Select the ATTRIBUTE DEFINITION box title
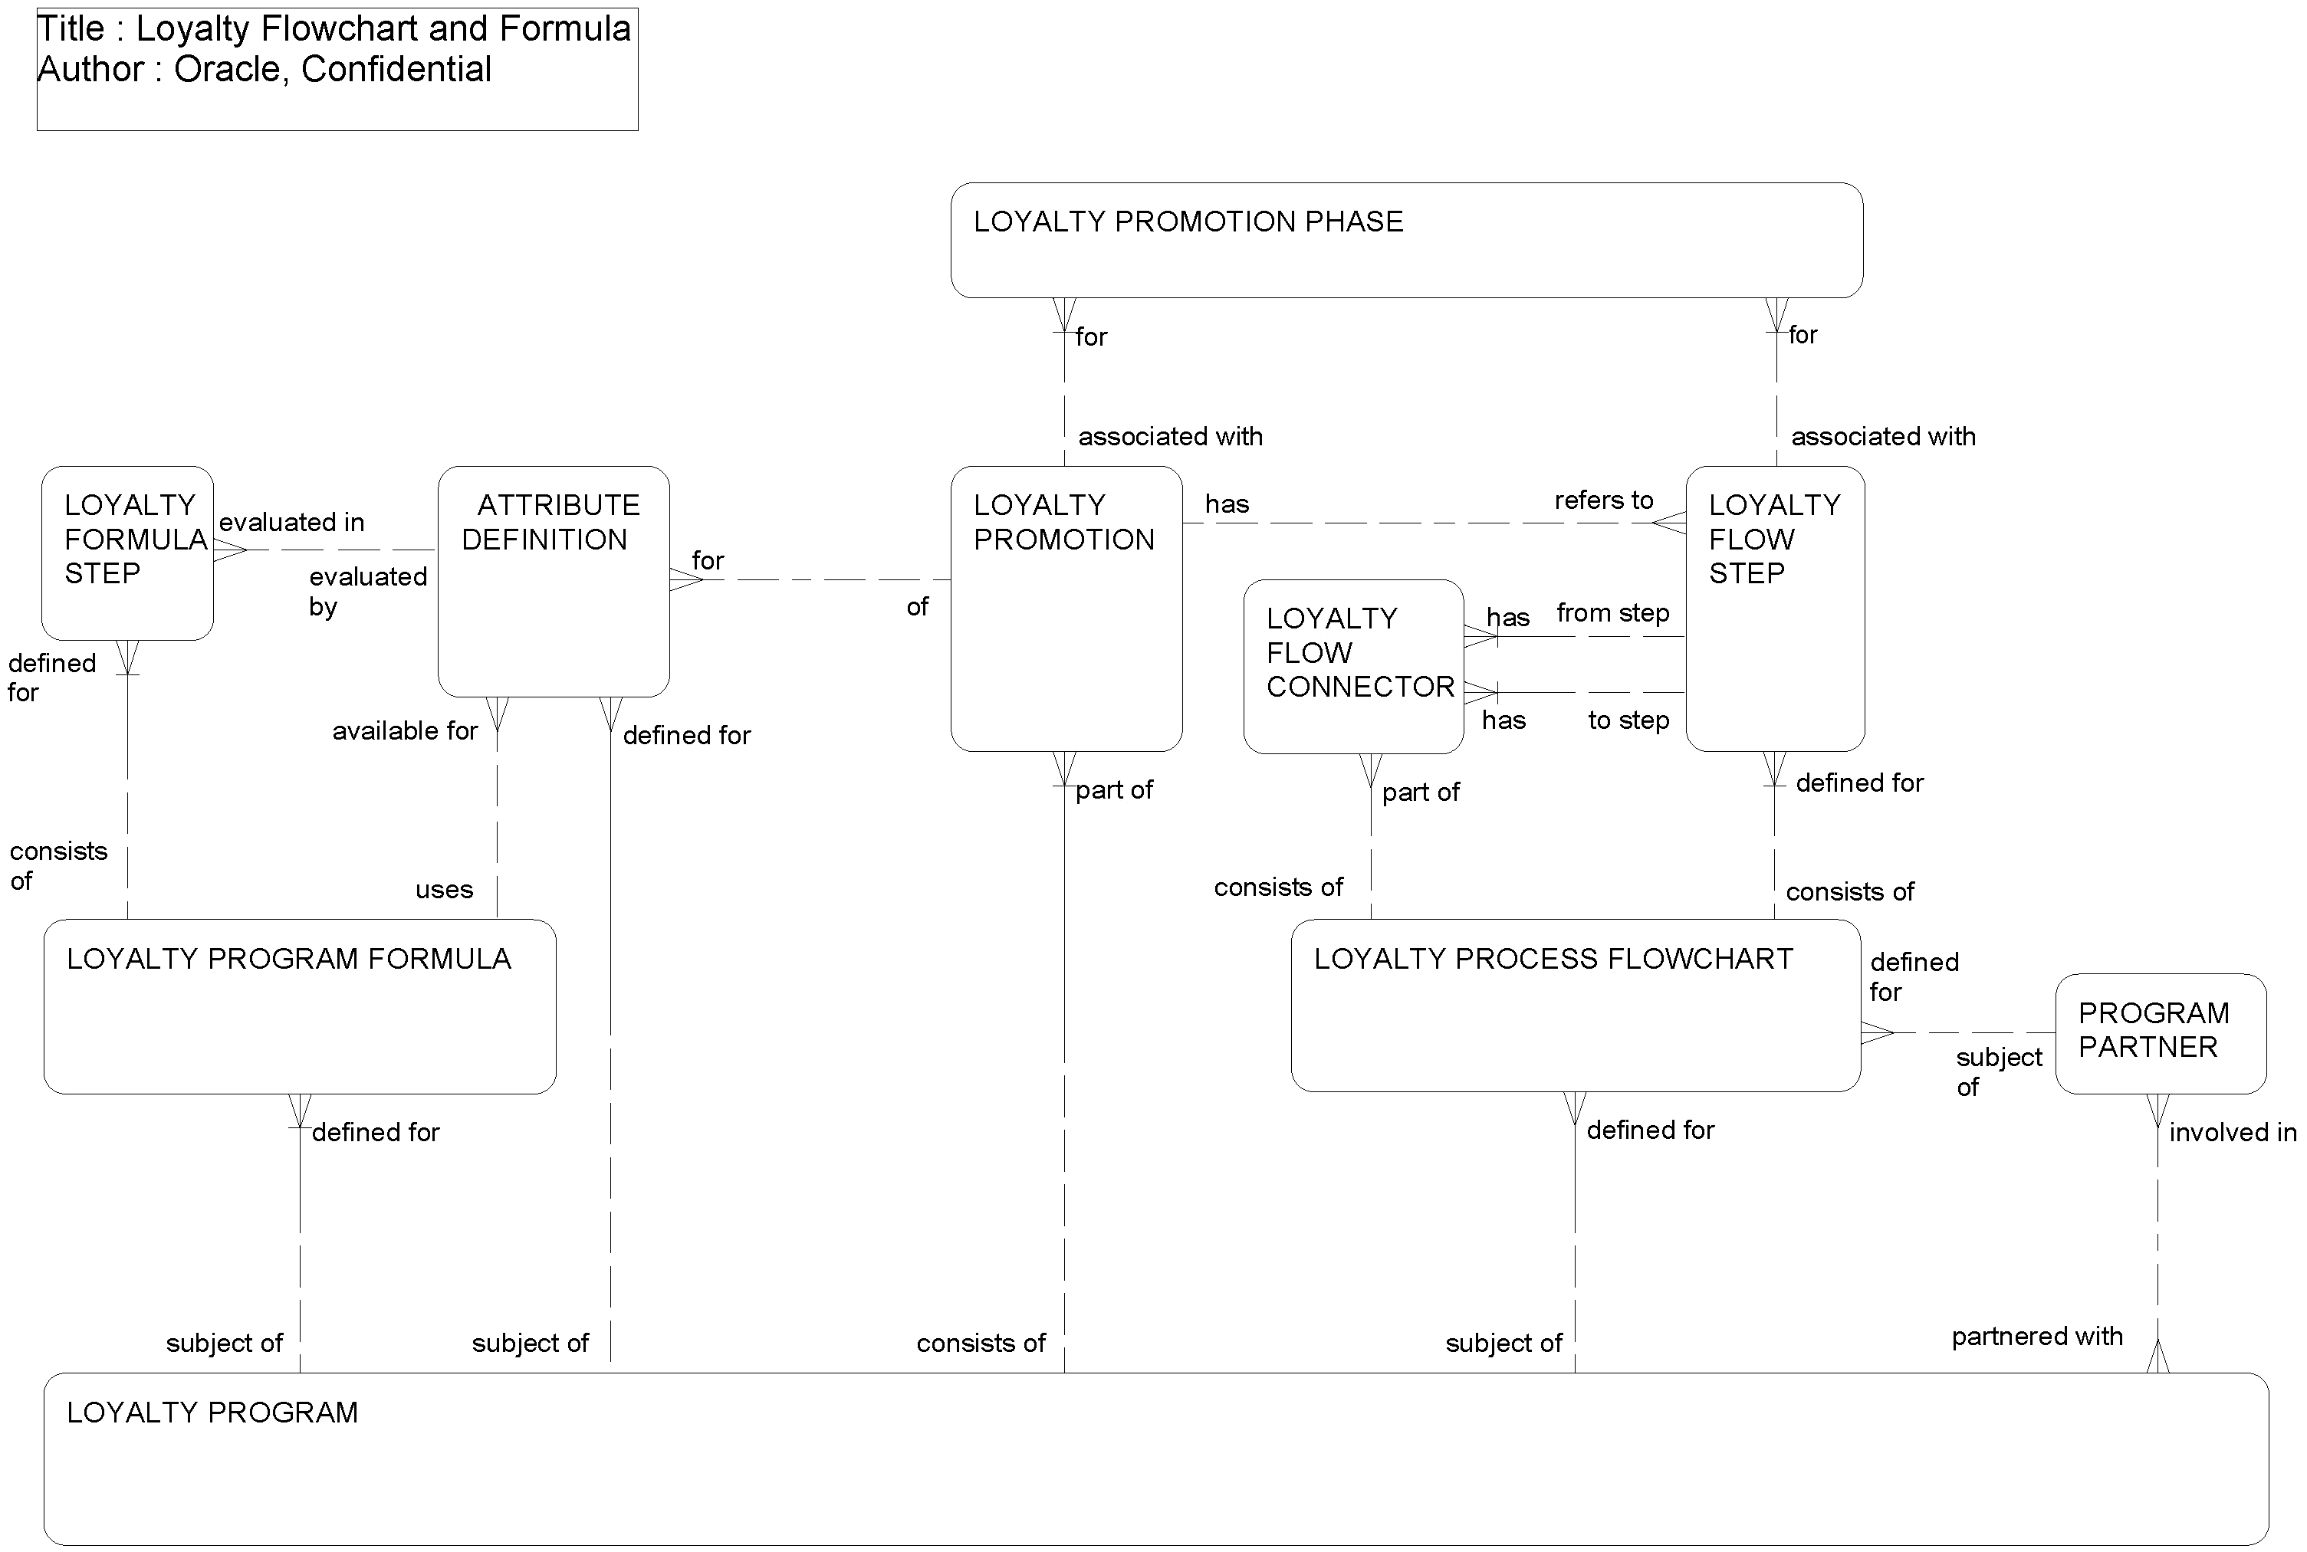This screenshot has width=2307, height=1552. coord(550,523)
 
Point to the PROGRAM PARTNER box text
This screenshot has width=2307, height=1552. coord(2153,1030)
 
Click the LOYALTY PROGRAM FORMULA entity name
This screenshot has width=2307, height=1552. coord(288,959)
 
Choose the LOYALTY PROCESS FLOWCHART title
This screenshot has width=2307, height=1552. coord(1553,959)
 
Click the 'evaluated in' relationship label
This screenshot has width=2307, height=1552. coord(291,523)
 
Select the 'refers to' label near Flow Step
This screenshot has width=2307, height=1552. coord(1603,500)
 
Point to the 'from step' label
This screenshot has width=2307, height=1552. coord(1612,614)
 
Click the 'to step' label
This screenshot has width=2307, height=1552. coord(1628,720)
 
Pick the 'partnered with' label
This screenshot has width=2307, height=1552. coord(2036,1337)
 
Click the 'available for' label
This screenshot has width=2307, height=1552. coord(404,731)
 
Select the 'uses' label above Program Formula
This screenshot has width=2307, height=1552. coord(444,890)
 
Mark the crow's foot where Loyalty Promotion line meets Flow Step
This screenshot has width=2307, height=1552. coord(1671,523)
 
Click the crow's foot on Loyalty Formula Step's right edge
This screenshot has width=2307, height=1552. coord(228,550)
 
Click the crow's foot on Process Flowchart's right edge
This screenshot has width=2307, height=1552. coord(1876,1033)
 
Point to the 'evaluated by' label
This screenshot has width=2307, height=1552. coord(367,591)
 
